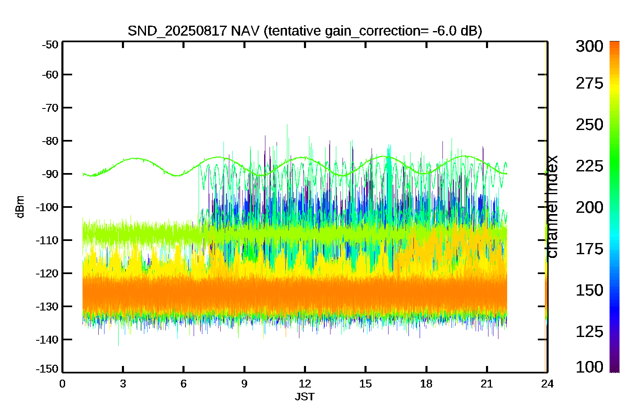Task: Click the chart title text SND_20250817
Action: click(x=177, y=31)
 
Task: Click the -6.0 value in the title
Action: click(x=444, y=31)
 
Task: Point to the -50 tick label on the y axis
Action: click(x=50, y=45)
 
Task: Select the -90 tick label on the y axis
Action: click(x=50, y=174)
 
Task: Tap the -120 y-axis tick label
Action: click(x=47, y=273)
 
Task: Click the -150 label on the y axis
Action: click(x=47, y=369)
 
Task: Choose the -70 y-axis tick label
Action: click(x=50, y=108)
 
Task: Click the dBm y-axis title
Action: click(x=20, y=207)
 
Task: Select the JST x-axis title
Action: click(x=305, y=397)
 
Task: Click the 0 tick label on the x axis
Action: click(x=62, y=384)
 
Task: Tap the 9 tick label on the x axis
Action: click(x=244, y=384)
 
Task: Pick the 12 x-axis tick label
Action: click(x=305, y=384)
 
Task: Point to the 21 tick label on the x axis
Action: click(x=487, y=384)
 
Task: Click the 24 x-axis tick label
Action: click(x=547, y=384)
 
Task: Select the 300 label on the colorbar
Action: click(x=590, y=46)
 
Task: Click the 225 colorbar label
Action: click(x=590, y=166)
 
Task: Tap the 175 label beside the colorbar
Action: click(x=590, y=249)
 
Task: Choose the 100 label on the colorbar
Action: click(x=590, y=367)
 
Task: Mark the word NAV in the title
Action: click(x=245, y=31)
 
